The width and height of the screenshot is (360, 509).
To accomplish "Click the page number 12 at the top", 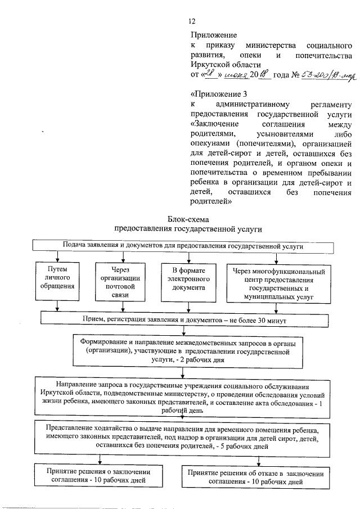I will pos(192,21).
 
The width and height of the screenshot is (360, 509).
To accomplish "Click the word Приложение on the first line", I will pos(214,35).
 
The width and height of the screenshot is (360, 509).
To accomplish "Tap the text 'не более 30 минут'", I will pos(256,319).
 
